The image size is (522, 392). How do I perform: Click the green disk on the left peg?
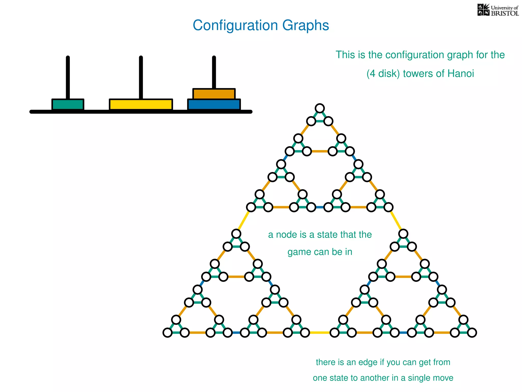68,104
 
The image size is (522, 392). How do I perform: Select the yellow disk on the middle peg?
141,104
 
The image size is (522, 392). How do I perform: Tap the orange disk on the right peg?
214,94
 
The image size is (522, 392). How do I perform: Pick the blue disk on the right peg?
214,104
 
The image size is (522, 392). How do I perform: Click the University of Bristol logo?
498,10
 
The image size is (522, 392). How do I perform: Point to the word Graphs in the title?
305,26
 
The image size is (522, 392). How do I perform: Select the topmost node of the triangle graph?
320,108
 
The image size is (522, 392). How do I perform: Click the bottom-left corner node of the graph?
167,333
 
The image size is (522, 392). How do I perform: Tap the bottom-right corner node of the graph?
472,333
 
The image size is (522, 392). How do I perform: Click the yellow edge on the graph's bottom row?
320,333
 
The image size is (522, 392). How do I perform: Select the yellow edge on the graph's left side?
243,221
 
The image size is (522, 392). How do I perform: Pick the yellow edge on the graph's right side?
396,221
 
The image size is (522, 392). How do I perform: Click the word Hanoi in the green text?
461,74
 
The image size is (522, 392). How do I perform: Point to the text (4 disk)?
383,74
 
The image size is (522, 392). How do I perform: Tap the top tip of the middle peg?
141,57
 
